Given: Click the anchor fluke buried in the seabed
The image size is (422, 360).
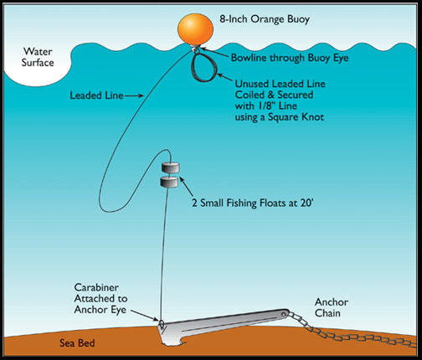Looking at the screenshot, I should tap(178, 333).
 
